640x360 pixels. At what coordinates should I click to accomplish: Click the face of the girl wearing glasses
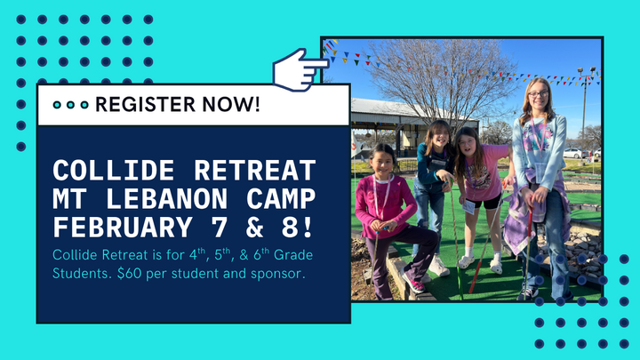pos(539,96)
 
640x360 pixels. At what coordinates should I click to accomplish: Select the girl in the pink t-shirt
pos(480,178)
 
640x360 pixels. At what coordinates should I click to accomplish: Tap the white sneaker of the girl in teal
pos(439,266)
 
